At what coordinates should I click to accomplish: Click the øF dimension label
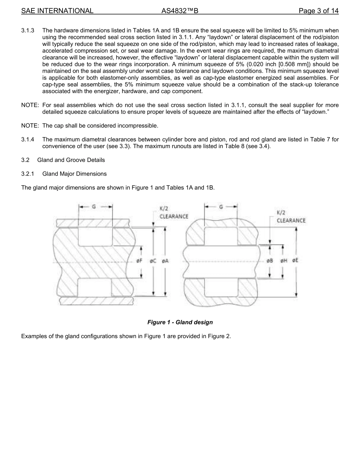coord(139,261)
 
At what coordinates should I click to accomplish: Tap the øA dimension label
coord(165,261)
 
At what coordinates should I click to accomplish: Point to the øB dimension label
coord(270,261)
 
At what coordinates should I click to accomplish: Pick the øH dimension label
coord(283,261)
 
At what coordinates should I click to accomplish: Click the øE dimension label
coord(295,261)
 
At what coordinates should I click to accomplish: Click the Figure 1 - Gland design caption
coord(180,323)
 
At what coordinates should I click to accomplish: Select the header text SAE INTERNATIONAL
coord(57,11)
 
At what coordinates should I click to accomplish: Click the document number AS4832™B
coord(180,11)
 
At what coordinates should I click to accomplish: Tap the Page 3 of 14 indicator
coord(318,11)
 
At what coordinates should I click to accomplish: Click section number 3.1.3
coord(28,30)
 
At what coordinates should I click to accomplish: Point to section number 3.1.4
coord(28,140)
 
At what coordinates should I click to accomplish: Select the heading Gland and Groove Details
coord(71,160)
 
